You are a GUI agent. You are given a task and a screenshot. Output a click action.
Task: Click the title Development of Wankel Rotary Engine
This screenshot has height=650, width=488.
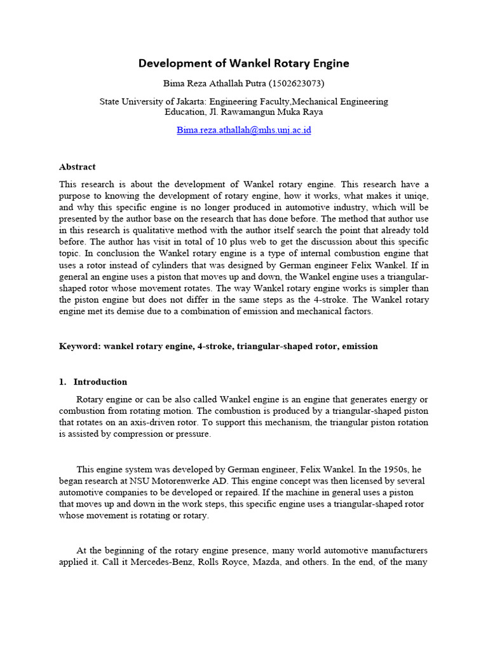click(244, 63)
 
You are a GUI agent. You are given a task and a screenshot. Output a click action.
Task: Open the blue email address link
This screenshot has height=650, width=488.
click(243, 130)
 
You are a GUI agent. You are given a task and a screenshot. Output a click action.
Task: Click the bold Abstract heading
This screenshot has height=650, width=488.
click(77, 167)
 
